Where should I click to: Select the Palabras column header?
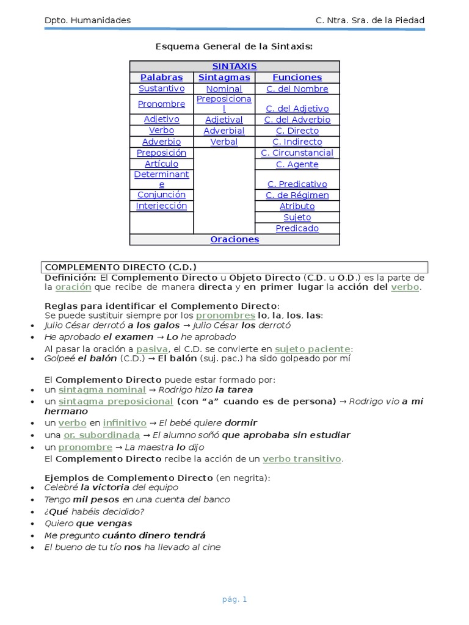[x=161, y=78]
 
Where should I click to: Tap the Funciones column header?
[x=297, y=78]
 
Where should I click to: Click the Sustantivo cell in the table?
[x=161, y=89]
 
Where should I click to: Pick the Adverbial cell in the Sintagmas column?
[x=224, y=131]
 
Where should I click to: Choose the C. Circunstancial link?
[x=297, y=153]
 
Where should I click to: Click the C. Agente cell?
[x=297, y=164]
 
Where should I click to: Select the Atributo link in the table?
[x=297, y=206]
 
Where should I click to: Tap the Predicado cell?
[x=297, y=228]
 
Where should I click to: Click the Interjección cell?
[x=161, y=206]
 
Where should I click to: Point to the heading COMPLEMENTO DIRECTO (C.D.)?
[x=121, y=267]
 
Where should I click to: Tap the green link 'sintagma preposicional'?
[x=115, y=401]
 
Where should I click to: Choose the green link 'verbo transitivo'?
[x=302, y=458]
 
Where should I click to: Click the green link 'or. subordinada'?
[x=101, y=435]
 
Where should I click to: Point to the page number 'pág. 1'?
[x=234, y=599]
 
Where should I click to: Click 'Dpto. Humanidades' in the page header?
[x=87, y=21]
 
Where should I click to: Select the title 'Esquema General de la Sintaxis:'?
[x=234, y=46]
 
